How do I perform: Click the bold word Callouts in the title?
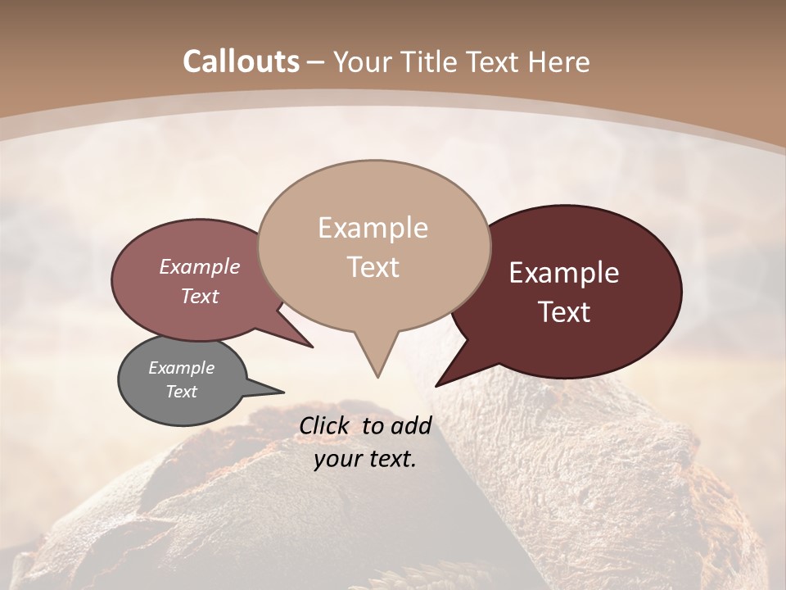(242, 61)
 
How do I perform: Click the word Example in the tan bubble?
(373, 228)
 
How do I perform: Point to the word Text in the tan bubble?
(373, 267)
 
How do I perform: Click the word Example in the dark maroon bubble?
(564, 273)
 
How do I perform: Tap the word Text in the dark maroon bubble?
(564, 312)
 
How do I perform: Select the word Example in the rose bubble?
(200, 267)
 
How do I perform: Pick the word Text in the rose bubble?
(200, 296)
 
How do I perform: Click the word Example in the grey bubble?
(181, 368)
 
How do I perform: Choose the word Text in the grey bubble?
(181, 392)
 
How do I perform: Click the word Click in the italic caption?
(326, 425)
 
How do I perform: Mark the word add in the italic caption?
(410, 425)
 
